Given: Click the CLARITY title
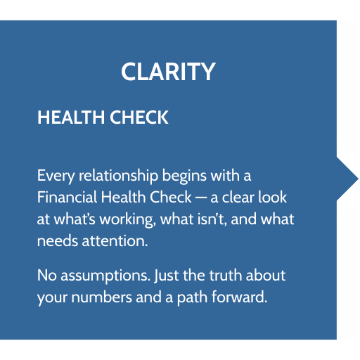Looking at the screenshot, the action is [x=168, y=72].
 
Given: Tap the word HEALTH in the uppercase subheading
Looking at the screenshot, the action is [x=71, y=117].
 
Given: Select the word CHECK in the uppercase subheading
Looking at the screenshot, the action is [x=139, y=117].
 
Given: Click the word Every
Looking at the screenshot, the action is [x=56, y=176].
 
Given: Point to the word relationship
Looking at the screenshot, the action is [x=118, y=176].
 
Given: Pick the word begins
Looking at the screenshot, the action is [x=184, y=176].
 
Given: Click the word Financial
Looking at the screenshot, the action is [x=67, y=197].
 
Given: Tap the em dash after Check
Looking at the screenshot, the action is [x=201, y=198].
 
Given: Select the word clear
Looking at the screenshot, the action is [x=238, y=197].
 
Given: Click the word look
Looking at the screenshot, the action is [x=273, y=197].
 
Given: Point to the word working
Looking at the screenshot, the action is [x=128, y=220].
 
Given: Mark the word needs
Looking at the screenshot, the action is [x=58, y=241].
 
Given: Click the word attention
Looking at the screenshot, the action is [x=115, y=240].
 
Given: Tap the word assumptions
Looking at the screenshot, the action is [x=105, y=276].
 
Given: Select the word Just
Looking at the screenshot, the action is [x=167, y=276].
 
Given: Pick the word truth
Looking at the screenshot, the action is [x=226, y=275].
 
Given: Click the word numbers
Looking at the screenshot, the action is [x=102, y=297].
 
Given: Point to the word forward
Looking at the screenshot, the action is [x=239, y=297].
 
